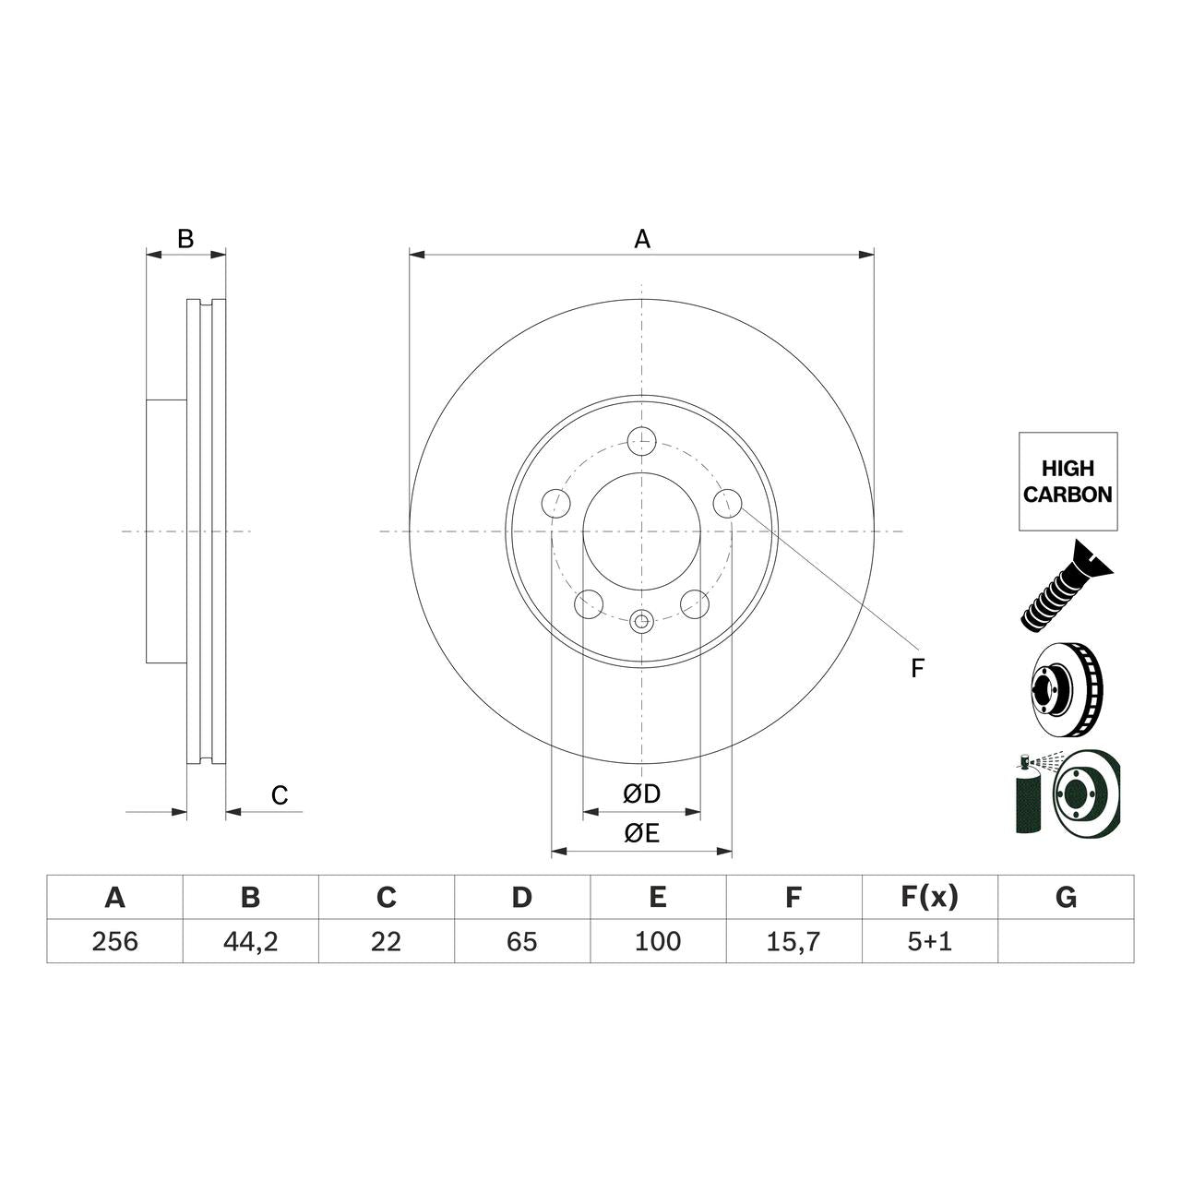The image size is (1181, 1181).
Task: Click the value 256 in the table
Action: pyautogui.click(x=114, y=941)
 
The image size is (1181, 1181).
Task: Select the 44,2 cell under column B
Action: pyautogui.click(x=250, y=941)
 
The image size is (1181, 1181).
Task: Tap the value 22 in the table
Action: pyautogui.click(x=386, y=941)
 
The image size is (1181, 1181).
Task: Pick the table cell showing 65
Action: pyautogui.click(x=521, y=941)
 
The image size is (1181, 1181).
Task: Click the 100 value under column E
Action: pyautogui.click(x=657, y=941)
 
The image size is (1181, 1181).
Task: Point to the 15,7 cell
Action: pyautogui.click(x=793, y=941)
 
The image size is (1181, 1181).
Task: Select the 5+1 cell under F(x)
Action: pyautogui.click(x=929, y=941)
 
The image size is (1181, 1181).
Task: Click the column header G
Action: pyautogui.click(x=1066, y=897)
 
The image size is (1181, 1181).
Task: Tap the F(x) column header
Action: pyautogui.click(x=929, y=897)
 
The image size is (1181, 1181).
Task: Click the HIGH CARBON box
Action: pyautogui.click(x=1068, y=482)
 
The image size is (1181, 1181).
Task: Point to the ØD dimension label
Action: pyautogui.click(x=641, y=793)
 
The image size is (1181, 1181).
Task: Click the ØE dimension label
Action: pyautogui.click(x=641, y=834)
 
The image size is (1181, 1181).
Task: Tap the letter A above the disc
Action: pyautogui.click(x=642, y=240)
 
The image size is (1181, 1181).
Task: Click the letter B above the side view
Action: pyautogui.click(x=185, y=239)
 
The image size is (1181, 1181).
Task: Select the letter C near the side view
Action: pyautogui.click(x=280, y=795)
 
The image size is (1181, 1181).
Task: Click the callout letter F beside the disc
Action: pyautogui.click(x=916, y=669)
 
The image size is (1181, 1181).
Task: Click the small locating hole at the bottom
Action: pyautogui.click(x=641, y=622)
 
